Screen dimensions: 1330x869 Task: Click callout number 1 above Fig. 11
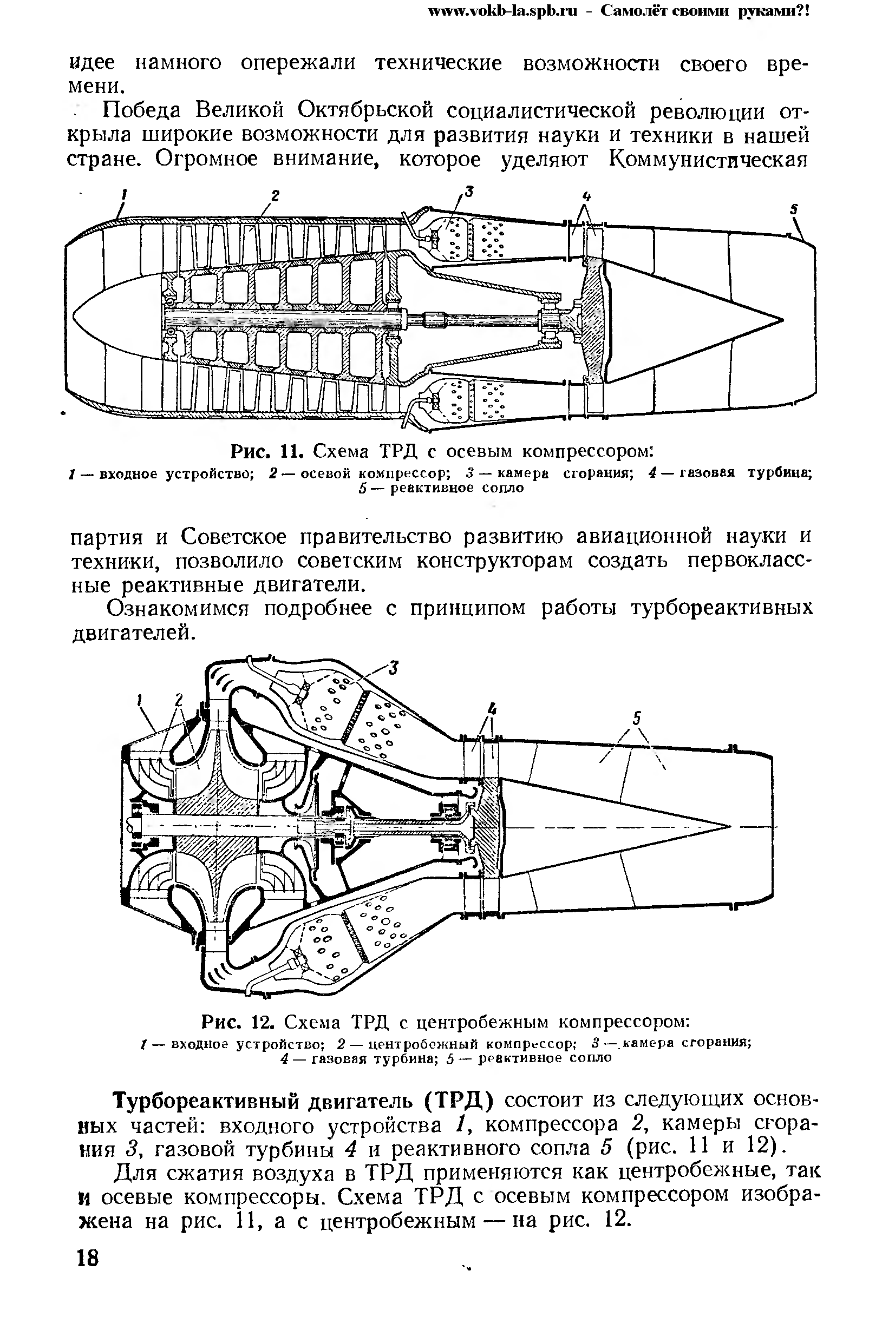(x=124, y=194)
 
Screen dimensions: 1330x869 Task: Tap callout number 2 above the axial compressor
(x=275, y=195)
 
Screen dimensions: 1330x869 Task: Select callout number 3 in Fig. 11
(x=469, y=192)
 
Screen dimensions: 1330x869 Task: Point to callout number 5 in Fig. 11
(x=794, y=209)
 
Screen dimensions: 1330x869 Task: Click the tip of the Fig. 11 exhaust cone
(x=781, y=320)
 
